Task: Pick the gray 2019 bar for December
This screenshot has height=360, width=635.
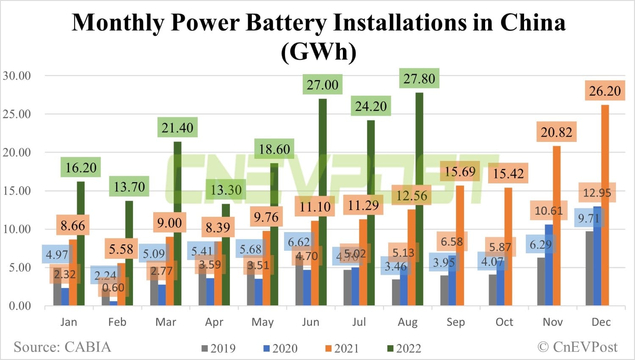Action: coord(589,271)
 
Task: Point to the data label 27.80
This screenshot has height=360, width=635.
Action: coord(419,79)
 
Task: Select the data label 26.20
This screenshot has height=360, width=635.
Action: coord(605,91)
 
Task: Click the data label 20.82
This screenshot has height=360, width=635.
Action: coord(556,133)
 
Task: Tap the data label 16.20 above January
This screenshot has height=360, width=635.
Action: coord(81,168)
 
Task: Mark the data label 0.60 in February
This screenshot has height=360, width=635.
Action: coord(113,288)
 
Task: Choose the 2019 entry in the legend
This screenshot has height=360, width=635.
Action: coord(218,349)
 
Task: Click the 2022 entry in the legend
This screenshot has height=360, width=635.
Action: coord(404,349)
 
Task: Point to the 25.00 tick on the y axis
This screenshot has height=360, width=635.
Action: coord(17,114)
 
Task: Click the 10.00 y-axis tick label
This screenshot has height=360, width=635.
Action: coord(17,229)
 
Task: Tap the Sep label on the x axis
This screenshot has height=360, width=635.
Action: coord(456,322)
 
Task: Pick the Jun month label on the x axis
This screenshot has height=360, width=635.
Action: coord(310,322)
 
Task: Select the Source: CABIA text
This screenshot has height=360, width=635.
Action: coord(62,347)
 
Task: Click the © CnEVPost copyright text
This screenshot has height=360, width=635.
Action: coord(577,347)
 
